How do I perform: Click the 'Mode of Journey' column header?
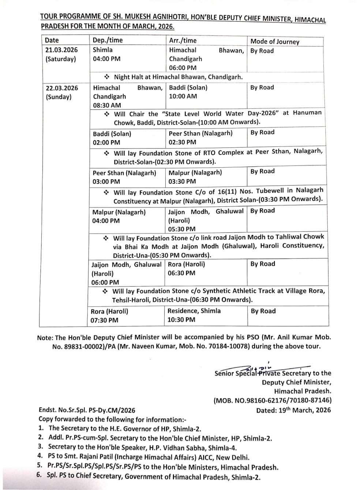pos(275,41)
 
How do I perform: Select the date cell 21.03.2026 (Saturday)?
pos(61,55)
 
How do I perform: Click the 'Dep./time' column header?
pos(108,40)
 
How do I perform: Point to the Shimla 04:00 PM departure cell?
pos(106,54)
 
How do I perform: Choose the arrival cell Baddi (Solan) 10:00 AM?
pos(188,92)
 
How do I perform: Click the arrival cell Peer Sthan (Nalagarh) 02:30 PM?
pos(200,138)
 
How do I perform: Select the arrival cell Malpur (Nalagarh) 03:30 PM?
pos(195,177)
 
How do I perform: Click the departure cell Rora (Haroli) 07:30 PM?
pos(109,316)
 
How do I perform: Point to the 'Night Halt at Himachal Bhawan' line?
pos(178,77)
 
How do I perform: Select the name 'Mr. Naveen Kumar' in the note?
pos(149,346)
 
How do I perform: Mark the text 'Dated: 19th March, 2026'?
pos(293,410)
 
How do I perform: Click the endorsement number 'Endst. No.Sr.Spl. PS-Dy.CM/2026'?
pos(87,411)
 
